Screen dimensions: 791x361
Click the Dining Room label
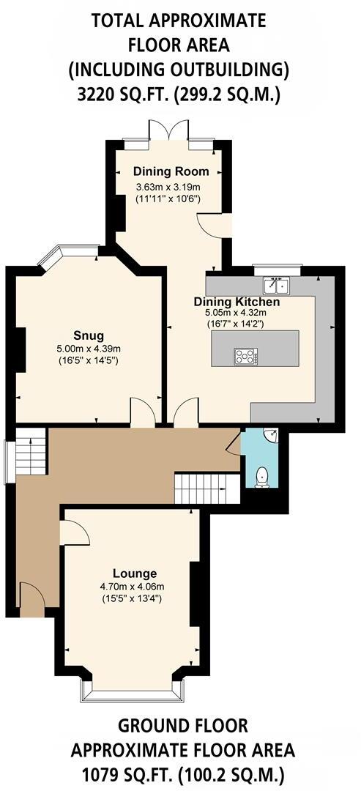pos(171,171)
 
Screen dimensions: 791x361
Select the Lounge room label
pos(135,573)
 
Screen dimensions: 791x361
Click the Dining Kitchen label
pos(237,302)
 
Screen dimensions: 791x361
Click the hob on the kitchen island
pos(245,357)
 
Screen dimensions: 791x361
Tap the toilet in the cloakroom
pos(262,478)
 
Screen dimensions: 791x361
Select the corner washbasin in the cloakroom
pos(272,437)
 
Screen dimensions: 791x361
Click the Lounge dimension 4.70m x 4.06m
pos(132,587)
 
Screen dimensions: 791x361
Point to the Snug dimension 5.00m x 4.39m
pos(88,349)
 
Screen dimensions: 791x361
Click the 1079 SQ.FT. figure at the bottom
pos(129,775)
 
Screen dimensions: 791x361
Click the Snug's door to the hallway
pos(141,412)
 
